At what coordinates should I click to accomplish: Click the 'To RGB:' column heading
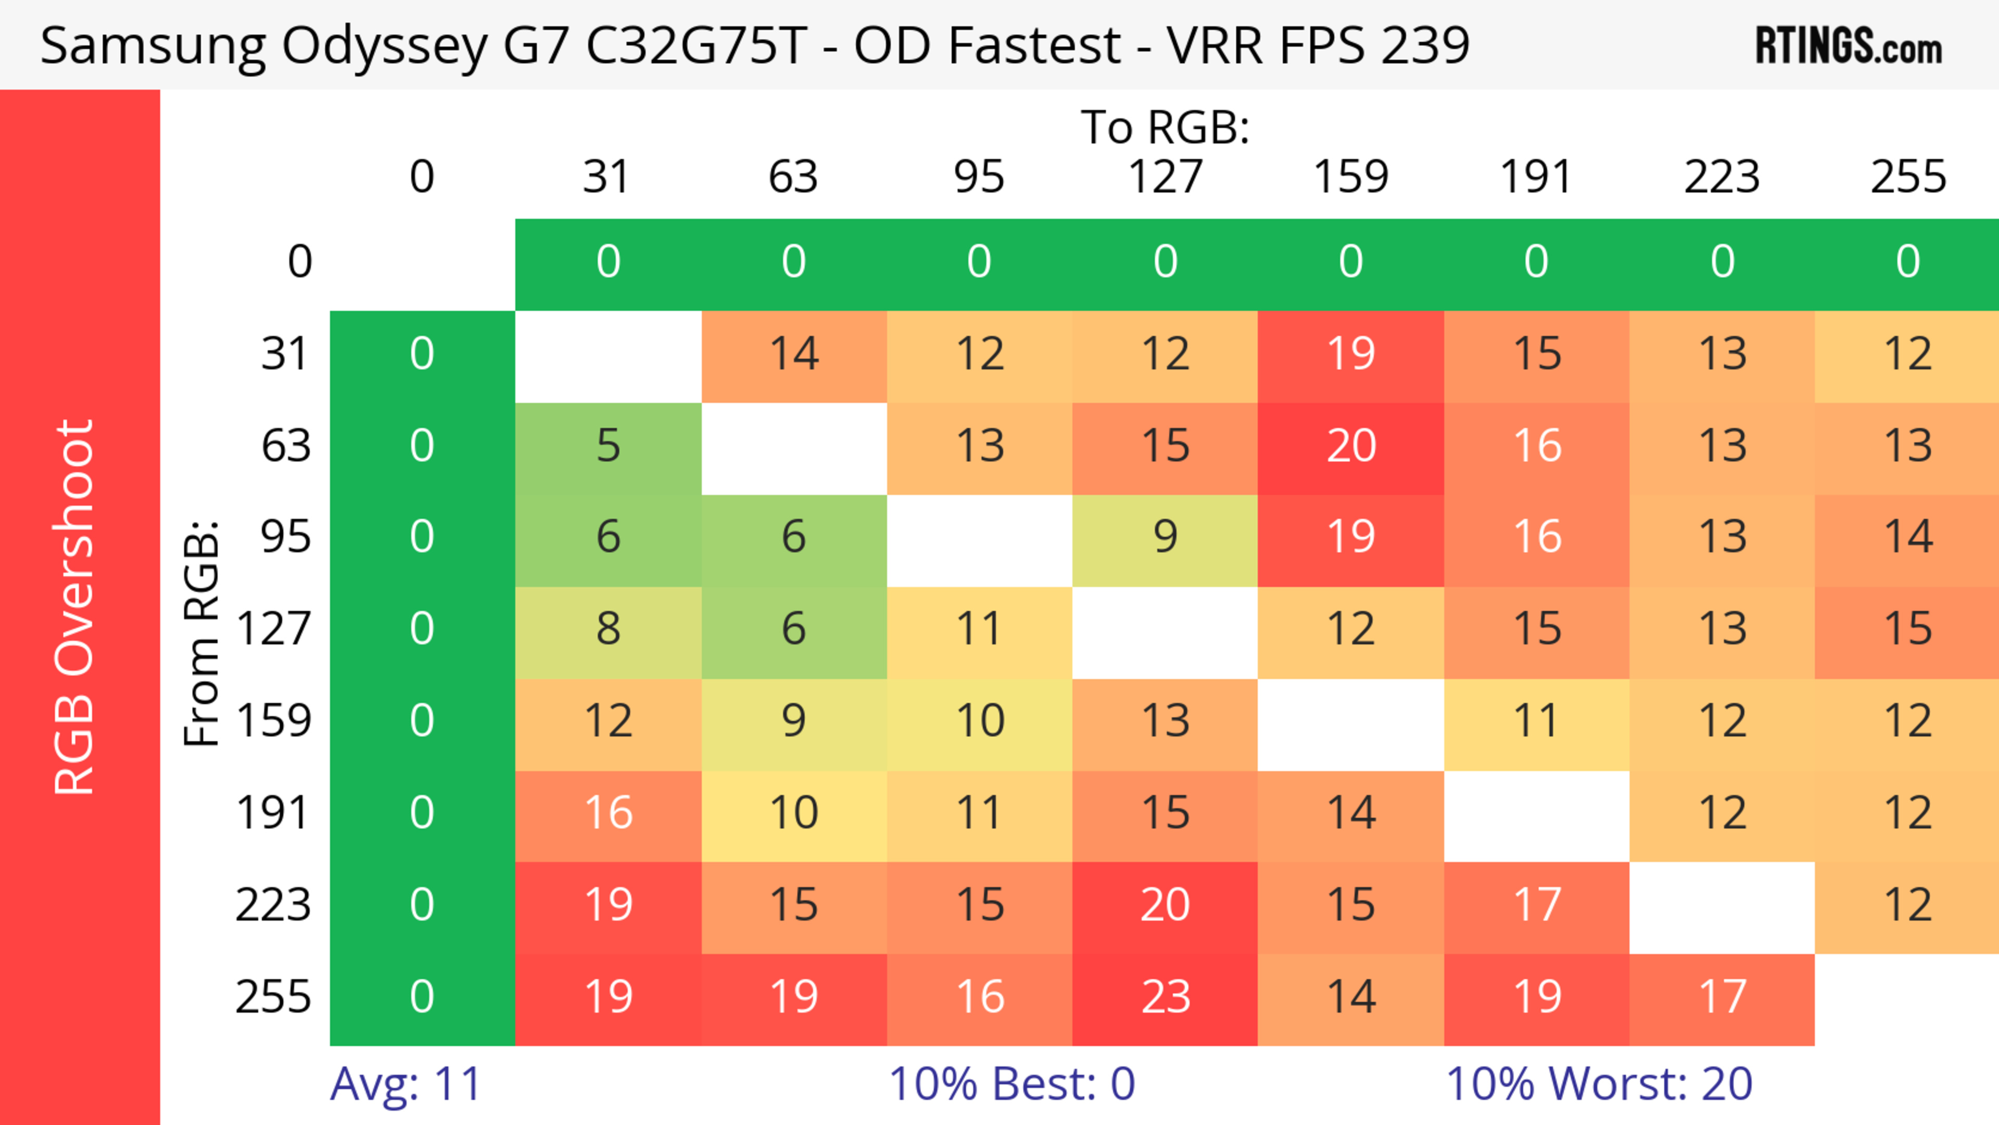pos(1165,127)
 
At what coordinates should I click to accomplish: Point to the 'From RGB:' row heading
pos(201,633)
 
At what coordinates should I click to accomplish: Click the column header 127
pos(1165,177)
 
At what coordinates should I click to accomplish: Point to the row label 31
pos(286,355)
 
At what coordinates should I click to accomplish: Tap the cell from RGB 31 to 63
pos(793,355)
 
